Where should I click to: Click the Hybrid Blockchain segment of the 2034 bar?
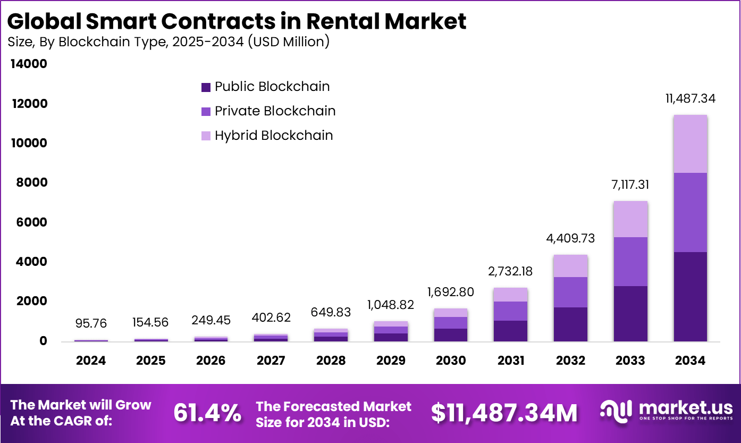point(690,144)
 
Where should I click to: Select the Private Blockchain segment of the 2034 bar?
point(690,212)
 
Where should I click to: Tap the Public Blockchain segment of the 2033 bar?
point(630,313)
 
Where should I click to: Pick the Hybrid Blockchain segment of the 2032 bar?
point(570,266)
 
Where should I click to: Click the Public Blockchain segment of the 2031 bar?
point(510,331)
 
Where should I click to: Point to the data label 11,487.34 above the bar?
point(690,98)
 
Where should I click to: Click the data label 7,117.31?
point(630,185)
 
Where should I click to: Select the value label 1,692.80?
point(450,292)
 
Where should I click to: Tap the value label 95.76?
point(91,323)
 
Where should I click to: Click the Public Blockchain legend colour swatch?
point(206,87)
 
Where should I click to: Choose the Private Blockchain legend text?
point(275,111)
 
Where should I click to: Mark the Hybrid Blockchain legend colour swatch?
point(206,136)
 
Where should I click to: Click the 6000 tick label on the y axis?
point(30,222)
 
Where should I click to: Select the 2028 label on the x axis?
point(331,361)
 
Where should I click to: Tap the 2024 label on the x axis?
point(91,361)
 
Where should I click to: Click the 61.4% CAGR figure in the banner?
point(207,413)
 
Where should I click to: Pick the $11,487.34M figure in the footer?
point(504,413)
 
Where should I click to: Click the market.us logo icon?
point(617,410)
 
